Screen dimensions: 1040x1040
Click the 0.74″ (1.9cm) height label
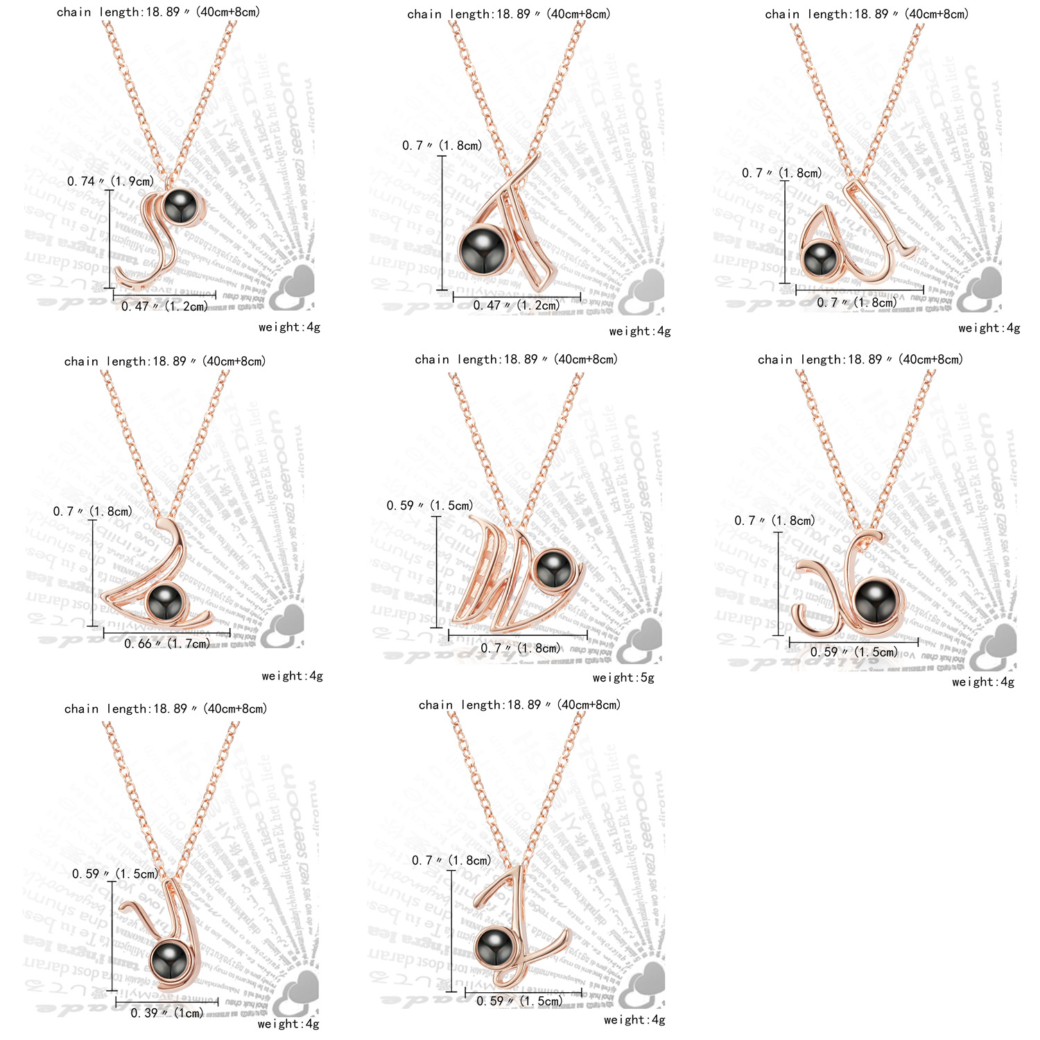110,182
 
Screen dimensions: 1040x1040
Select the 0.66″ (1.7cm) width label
167,644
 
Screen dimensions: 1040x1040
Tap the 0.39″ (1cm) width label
167,1013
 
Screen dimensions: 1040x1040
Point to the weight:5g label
623,678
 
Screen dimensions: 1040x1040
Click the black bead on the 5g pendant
553,569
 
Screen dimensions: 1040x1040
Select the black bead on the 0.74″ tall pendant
182,206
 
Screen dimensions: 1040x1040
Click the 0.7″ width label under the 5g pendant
521,649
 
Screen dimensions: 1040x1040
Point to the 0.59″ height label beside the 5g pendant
430,506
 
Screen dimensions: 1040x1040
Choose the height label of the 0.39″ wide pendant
115,874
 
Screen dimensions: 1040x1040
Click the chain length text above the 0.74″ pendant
159,12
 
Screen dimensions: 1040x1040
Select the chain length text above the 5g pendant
517,360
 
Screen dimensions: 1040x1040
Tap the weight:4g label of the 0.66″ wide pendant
293,676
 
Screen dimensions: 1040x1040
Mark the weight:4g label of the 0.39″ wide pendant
288,1024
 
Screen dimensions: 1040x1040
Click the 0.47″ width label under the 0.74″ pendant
165,306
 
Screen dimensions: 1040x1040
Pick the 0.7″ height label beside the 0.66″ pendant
93,512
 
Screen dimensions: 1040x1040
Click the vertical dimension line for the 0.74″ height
110,239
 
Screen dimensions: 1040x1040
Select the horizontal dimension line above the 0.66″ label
167,632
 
